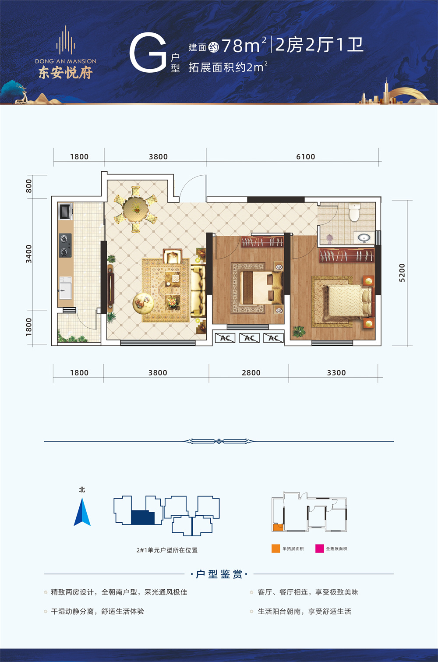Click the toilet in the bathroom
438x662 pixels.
click(354, 212)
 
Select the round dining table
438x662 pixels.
click(136, 209)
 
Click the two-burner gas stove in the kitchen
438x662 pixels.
click(65, 245)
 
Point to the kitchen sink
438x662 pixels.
click(65, 288)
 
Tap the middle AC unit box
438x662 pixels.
click(250, 338)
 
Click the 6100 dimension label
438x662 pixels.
click(306, 157)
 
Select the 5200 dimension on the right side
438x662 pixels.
click(402, 273)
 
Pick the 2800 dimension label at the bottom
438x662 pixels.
click(251, 373)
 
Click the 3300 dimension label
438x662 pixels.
click(336, 373)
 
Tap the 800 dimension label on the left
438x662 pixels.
click(28, 186)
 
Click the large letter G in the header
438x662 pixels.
click(148, 52)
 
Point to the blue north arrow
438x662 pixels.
click(82, 512)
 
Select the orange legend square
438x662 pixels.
click(276, 549)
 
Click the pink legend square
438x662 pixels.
click(319, 549)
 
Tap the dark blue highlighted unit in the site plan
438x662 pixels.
click(143, 517)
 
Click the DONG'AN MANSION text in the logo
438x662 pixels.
click(66, 61)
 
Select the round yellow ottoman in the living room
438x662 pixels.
click(143, 303)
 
